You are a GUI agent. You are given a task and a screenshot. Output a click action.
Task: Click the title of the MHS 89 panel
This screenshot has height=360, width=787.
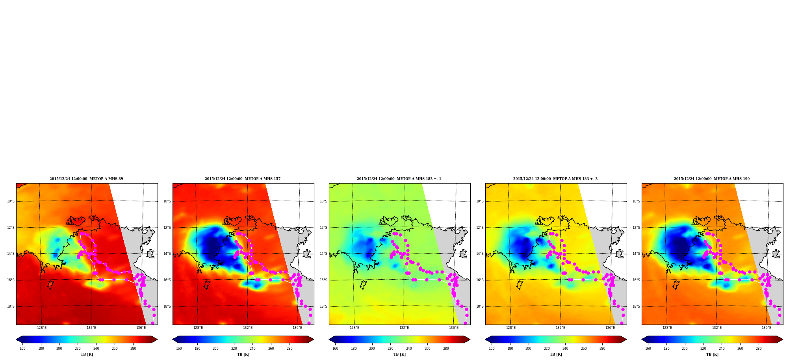[86, 179]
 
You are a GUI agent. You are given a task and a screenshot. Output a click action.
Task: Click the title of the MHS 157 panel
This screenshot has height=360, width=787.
[243, 179]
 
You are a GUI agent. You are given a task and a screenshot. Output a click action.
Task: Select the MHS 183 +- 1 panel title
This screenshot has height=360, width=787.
[399, 179]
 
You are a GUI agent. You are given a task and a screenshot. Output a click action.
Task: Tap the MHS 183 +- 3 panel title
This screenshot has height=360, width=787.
[555, 179]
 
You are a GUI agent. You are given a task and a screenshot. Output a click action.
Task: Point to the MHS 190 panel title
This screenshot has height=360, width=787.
[712, 179]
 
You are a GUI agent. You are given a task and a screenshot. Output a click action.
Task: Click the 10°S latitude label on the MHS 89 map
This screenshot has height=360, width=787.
[11, 201]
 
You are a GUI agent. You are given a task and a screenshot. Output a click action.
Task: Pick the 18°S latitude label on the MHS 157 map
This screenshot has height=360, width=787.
[167, 306]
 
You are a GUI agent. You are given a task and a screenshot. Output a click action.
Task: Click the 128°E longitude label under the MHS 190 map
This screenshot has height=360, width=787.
[667, 328]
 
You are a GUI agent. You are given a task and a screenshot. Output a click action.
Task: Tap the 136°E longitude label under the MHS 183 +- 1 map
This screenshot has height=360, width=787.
[454, 328]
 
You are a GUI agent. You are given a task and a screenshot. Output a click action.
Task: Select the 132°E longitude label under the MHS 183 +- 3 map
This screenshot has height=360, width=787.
[561, 328]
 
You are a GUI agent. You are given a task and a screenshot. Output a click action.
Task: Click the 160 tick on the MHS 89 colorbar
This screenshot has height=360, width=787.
[22, 348]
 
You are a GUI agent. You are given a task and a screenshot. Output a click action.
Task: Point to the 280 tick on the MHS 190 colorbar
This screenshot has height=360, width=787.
[759, 348]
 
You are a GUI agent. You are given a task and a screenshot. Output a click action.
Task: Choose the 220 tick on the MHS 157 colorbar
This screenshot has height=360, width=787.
[234, 348]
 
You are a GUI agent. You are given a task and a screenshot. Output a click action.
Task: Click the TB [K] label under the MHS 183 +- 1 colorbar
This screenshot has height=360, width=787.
[399, 354]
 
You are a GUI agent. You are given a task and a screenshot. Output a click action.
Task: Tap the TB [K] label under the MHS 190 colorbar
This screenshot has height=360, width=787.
[712, 354]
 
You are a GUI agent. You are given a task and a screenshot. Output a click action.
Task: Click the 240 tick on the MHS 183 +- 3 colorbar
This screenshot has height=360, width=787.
[565, 348]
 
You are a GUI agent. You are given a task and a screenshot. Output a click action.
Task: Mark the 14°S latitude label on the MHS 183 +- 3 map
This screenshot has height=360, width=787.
[480, 254]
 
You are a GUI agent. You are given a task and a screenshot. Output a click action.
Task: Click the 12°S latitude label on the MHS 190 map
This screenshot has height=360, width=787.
[636, 228]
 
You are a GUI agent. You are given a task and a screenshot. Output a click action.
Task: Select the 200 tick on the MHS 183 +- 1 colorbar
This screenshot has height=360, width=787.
[372, 348]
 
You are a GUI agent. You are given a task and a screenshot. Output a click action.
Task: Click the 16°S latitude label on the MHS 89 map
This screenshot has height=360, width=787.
[11, 280]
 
